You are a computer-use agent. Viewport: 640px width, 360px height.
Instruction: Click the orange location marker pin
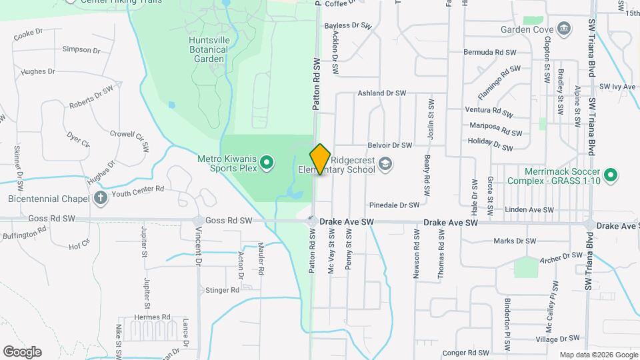[x=320, y=159]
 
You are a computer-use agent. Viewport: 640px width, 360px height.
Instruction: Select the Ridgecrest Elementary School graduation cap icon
[x=385, y=163]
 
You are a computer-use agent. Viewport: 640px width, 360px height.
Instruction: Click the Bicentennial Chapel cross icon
[x=100, y=198]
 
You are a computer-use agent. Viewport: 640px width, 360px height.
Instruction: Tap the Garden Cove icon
[x=564, y=28]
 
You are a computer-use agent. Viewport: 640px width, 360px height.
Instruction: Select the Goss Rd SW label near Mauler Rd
[x=229, y=220]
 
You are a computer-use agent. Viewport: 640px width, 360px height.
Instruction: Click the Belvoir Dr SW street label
[x=390, y=145]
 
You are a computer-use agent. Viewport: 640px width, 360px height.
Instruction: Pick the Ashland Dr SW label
[x=382, y=93]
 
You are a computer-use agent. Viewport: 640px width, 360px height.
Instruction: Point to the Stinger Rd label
[x=222, y=290]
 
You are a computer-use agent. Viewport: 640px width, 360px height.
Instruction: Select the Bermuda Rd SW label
[x=490, y=52]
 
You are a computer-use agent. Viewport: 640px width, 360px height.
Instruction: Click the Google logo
[x=22, y=351]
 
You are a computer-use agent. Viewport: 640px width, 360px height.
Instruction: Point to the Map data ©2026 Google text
[x=598, y=355]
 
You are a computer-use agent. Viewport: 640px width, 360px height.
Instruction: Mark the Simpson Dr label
[x=81, y=49]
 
